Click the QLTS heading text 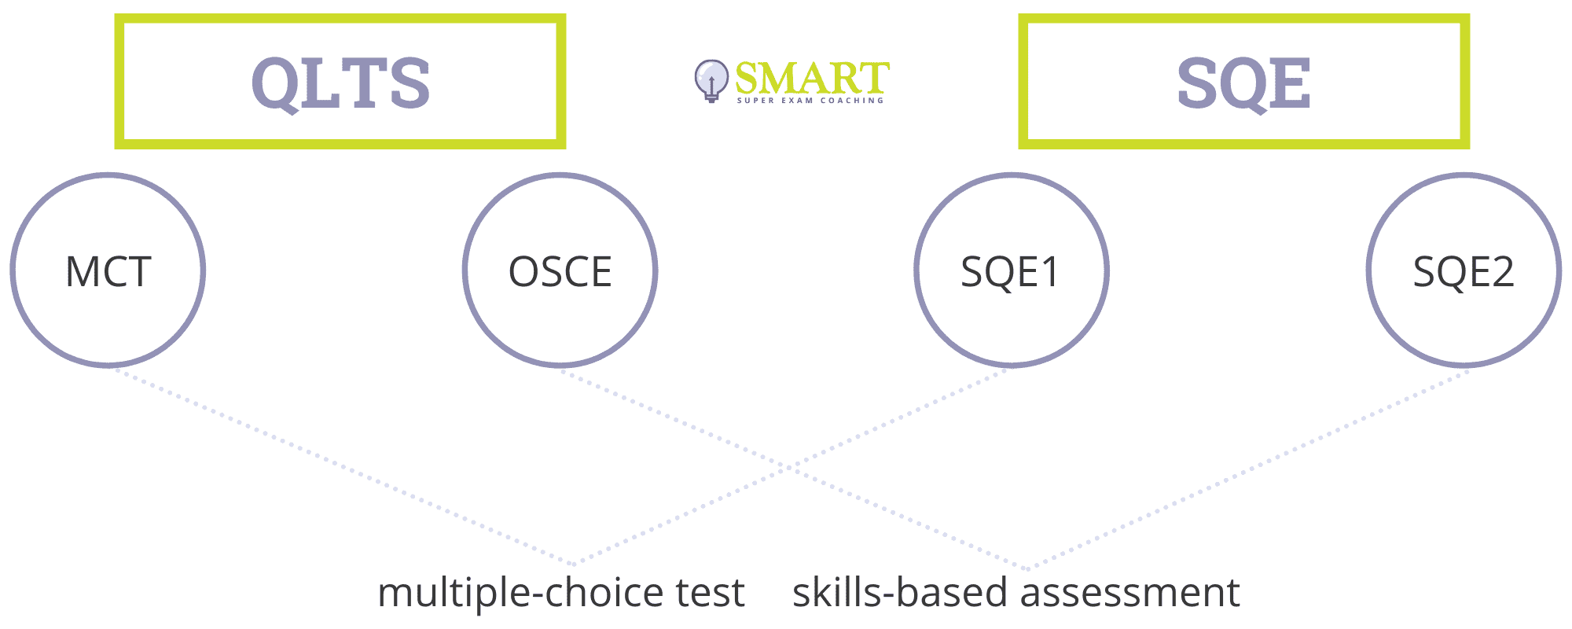(x=340, y=83)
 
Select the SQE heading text (x=1243, y=83)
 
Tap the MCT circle (x=108, y=174)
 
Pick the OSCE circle (x=560, y=174)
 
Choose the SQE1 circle (x=1012, y=174)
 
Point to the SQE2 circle (x=1464, y=174)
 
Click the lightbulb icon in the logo (x=711, y=81)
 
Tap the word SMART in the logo (x=812, y=78)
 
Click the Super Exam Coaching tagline (x=810, y=101)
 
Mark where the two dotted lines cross (x=788, y=467)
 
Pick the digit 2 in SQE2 (x=1502, y=272)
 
